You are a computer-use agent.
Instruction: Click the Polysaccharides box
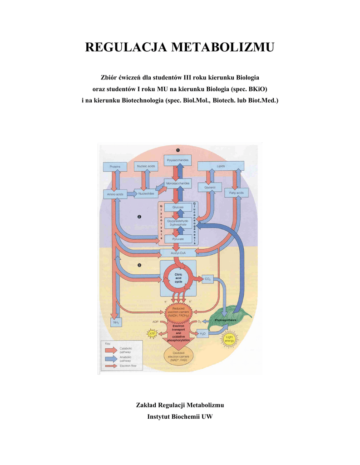coord(178,161)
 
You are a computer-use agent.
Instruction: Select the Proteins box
coord(115,167)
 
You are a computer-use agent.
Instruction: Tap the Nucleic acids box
coord(146,167)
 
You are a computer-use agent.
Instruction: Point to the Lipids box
coord(221,166)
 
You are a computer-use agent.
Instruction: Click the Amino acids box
coord(115,194)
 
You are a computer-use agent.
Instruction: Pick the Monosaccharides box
coord(178,183)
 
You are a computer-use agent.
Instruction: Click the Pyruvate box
coord(178,238)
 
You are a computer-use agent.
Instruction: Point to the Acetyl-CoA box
coord(178,252)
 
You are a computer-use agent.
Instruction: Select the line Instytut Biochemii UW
coord(180,416)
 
